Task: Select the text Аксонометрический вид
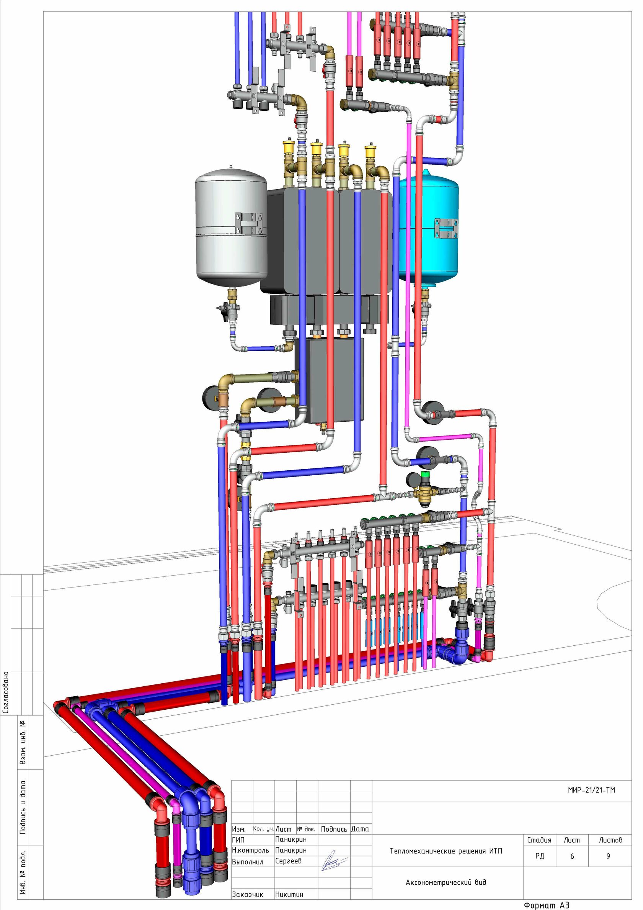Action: [446, 882]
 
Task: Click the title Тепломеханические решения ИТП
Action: [446, 851]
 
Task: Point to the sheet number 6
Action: [572, 856]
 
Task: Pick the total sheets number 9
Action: [608, 856]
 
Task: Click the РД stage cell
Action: [540, 856]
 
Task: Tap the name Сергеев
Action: [289, 861]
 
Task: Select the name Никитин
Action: [289, 894]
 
